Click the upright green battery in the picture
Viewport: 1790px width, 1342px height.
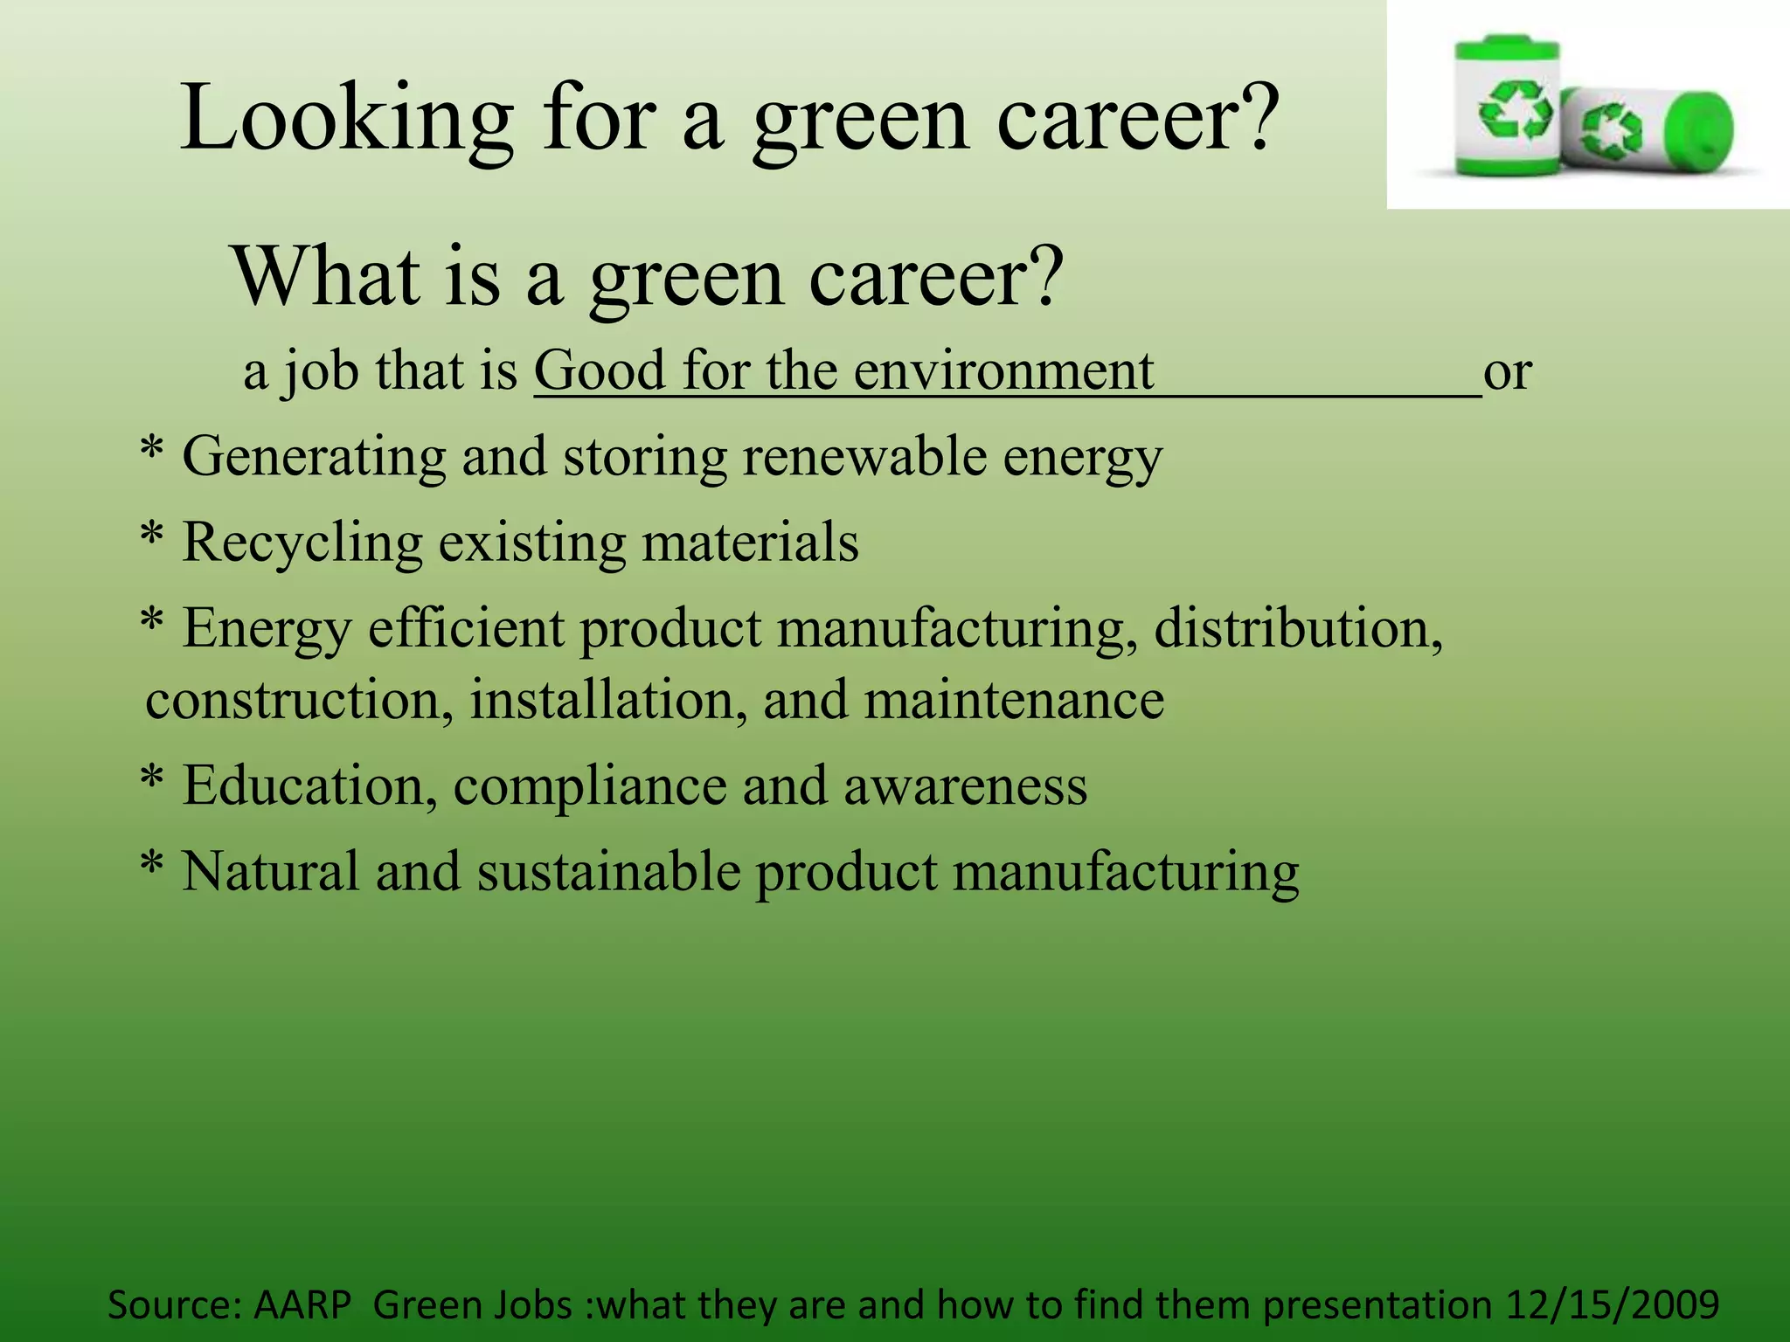(1506, 107)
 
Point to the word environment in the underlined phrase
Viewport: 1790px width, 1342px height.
(1003, 370)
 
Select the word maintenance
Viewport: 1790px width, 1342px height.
(1014, 700)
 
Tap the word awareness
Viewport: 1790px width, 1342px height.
(965, 785)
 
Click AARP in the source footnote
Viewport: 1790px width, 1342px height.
(302, 1304)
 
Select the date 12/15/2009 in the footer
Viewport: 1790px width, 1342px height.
(1613, 1304)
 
